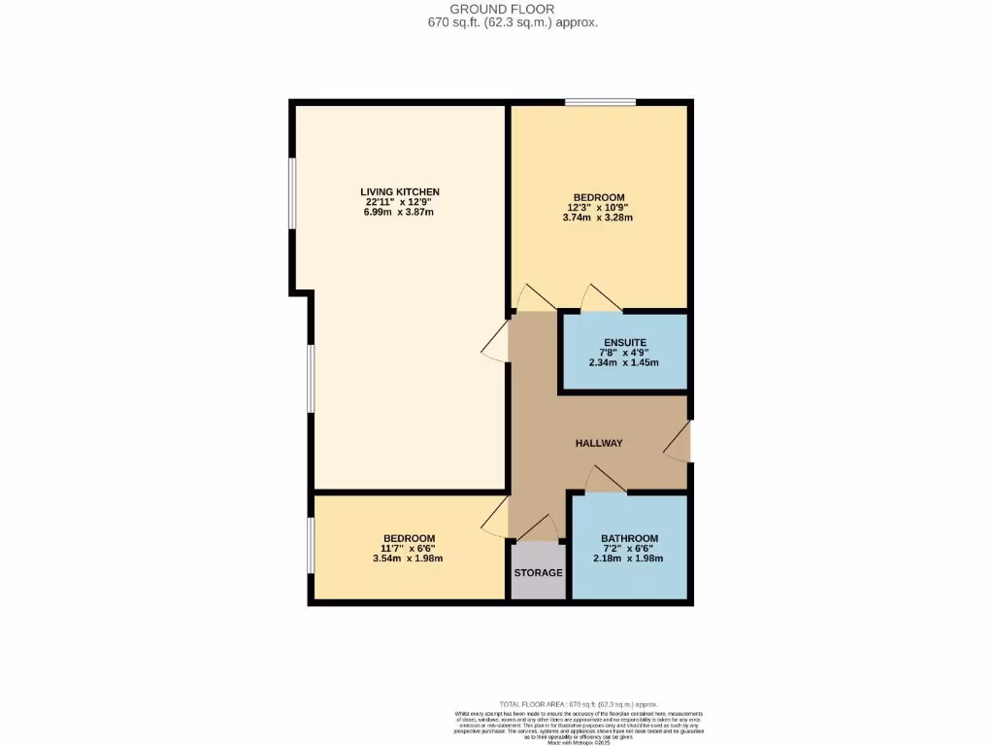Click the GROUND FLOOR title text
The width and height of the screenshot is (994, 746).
(x=496, y=9)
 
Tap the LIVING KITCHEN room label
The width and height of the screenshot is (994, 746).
(x=400, y=191)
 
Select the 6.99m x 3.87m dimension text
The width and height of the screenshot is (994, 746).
(x=400, y=212)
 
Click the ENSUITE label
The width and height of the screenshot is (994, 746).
(x=624, y=342)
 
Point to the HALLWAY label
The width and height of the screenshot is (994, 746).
(x=599, y=443)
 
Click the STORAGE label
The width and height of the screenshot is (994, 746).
(x=538, y=573)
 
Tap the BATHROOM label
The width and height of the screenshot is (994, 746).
(x=629, y=538)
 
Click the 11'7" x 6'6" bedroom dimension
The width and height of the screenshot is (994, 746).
(x=409, y=548)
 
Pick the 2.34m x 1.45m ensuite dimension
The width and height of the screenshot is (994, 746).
(x=624, y=362)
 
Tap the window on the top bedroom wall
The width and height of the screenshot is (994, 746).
(x=601, y=102)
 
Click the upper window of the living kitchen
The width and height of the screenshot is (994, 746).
(x=291, y=223)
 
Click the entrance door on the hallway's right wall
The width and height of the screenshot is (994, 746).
(x=679, y=441)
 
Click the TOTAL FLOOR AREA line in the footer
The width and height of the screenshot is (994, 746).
(x=578, y=703)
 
